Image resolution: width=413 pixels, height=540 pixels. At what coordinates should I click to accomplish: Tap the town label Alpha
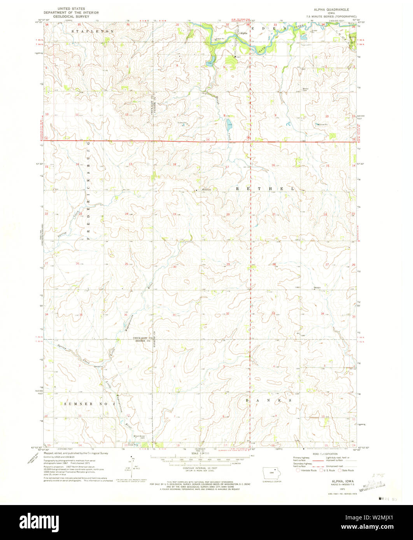click(244, 33)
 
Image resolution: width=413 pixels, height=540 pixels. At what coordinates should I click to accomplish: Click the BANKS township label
click(269, 400)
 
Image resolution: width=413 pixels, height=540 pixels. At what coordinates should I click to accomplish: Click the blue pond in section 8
click(229, 125)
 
